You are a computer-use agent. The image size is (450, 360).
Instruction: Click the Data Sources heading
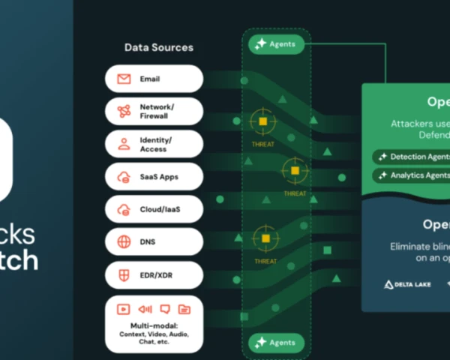[158, 47]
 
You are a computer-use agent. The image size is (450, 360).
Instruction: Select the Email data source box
[154, 79]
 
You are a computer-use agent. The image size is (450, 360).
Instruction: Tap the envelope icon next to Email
[124, 79]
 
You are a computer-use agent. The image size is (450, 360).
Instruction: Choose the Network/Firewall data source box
[154, 112]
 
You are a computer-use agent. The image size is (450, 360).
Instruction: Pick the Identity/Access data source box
[154, 144]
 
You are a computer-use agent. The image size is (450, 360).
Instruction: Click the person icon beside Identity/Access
[124, 144]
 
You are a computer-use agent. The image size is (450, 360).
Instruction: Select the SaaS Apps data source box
[154, 177]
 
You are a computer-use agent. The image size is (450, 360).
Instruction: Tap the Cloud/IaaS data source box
[154, 209]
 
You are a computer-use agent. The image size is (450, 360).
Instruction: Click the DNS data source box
[154, 242]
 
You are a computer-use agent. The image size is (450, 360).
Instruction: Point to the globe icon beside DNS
[124, 242]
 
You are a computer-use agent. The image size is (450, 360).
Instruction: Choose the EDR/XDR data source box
[154, 274]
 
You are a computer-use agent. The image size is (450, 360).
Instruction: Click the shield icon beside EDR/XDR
[124, 274]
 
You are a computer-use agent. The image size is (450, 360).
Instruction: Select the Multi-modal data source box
[154, 323]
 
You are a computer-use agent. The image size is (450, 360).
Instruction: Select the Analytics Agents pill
[410, 175]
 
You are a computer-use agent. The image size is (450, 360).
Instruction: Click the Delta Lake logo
[408, 284]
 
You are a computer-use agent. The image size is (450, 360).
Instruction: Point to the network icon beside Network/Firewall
[124, 112]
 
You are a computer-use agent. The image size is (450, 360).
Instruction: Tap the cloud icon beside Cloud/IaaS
[124, 209]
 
